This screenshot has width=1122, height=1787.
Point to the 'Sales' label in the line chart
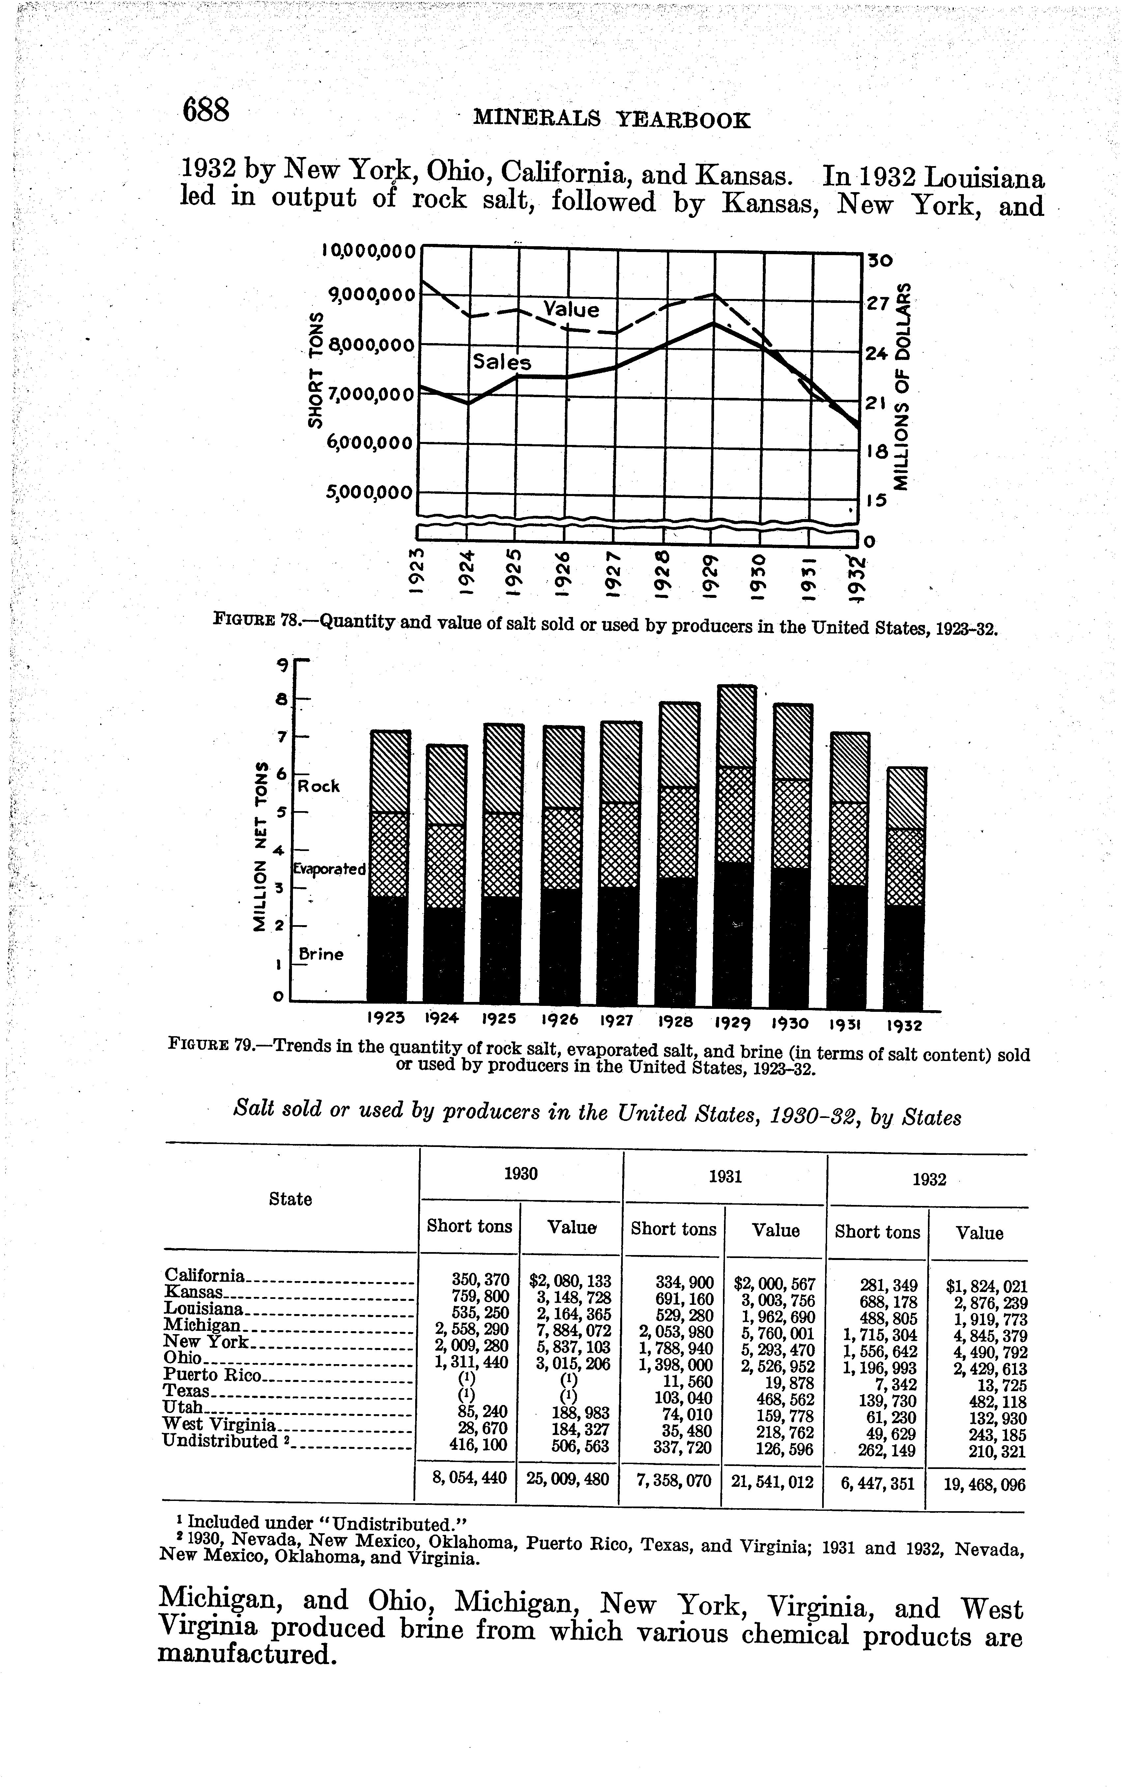click(x=503, y=362)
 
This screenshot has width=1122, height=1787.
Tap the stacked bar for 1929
click(x=735, y=846)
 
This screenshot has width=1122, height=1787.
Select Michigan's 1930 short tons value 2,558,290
click(x=472, y=1325)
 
